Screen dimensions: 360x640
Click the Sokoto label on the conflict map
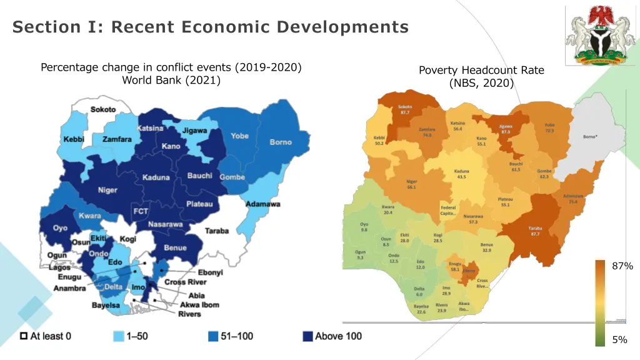click(103, 109)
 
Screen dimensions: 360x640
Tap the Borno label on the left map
click(281, 142)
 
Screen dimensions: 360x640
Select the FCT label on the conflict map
click(141, 211)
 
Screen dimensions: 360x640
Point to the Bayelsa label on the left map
click(106, 306)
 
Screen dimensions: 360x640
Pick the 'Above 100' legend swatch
click(307, 336)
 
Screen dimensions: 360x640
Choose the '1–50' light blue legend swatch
click(117, 336)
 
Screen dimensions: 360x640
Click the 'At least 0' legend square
click(23, 336)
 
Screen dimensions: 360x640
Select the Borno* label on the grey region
click(590, 136)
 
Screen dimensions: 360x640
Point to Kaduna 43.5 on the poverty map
click(461, 174)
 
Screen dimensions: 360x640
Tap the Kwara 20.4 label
click(388, 209)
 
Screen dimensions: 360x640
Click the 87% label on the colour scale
click(622, 266)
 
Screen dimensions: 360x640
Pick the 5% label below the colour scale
click(619, 340)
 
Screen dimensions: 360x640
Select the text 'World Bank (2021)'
click(171, 80)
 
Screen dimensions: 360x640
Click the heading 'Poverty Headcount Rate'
click(481, 71)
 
